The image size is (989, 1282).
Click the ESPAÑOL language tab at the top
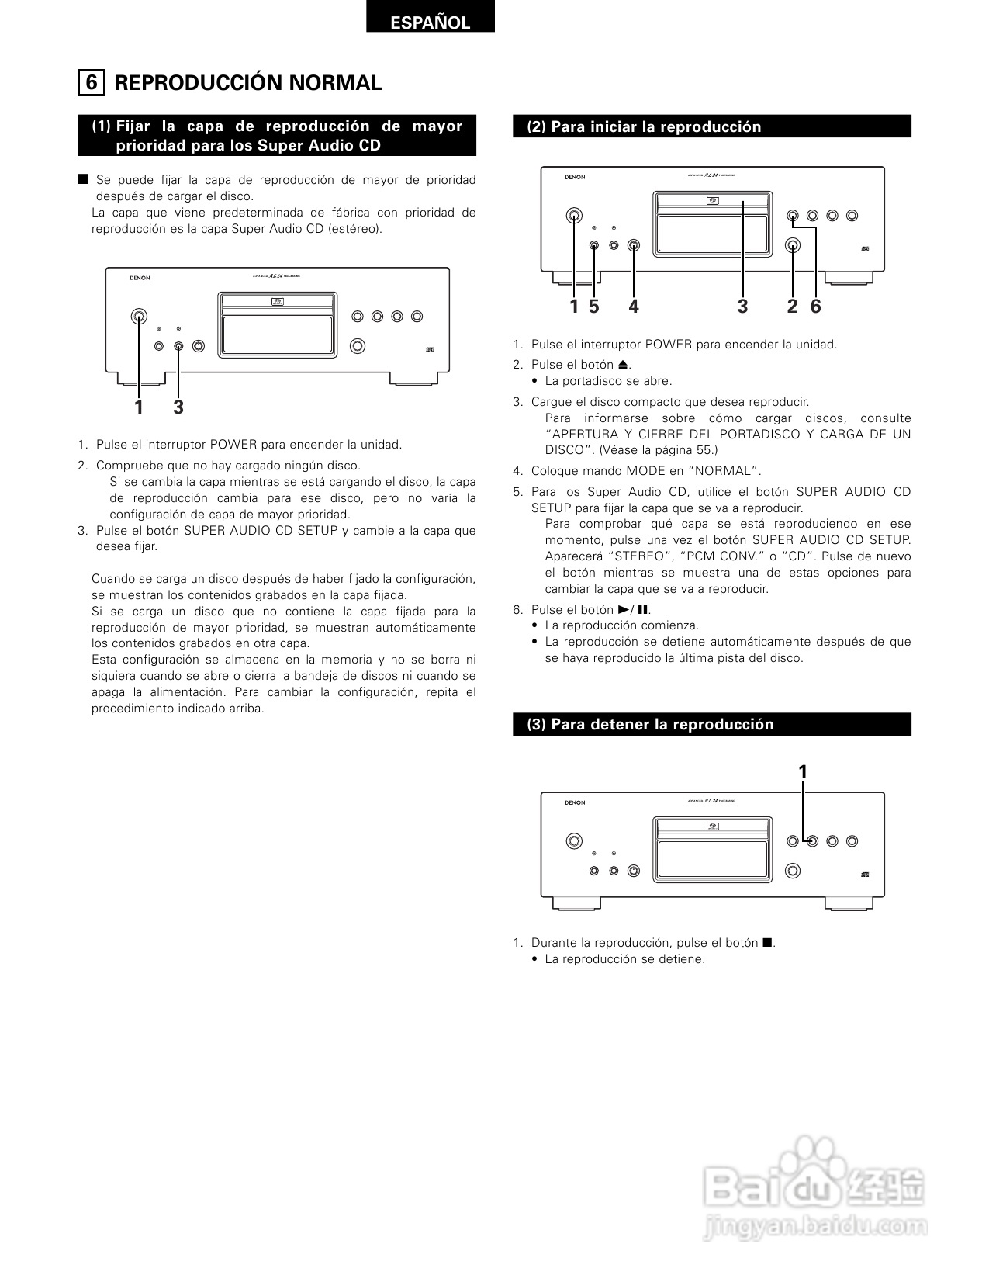[430, 22]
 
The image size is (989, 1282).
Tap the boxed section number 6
[92, 82]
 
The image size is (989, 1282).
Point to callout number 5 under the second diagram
[593, 307]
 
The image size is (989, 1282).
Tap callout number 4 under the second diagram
[634, 307]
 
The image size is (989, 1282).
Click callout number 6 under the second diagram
[815, 307]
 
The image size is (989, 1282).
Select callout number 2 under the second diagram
[792, 307]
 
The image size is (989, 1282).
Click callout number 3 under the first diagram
[178, 407]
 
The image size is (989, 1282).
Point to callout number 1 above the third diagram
[803, 772]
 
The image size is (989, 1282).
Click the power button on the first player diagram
[139, 316]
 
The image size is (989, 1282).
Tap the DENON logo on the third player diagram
[575, 802]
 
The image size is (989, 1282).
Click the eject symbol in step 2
[623, 364]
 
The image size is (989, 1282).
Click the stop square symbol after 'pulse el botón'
[766, 943]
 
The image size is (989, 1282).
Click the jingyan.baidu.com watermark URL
[814, 1228]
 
